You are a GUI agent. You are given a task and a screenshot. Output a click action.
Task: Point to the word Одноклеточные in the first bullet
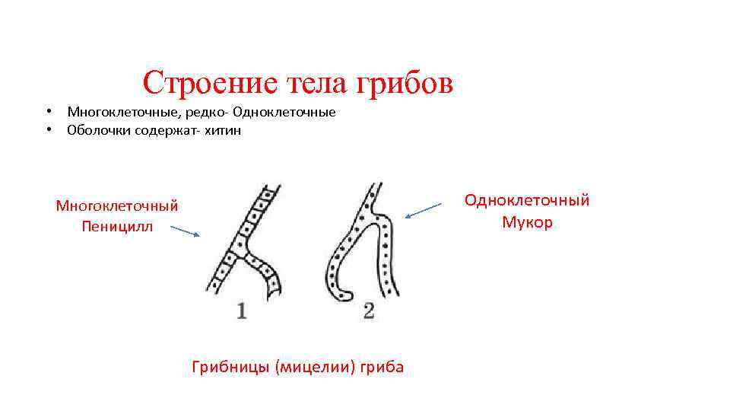coord(284,113)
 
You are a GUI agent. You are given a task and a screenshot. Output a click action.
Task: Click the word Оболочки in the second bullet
coord(97,130)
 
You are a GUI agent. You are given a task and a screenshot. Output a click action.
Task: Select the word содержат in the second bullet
coord(161,130)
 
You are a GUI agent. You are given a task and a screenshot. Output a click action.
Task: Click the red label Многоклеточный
coord(117,205)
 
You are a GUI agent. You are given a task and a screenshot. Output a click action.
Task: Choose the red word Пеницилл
coord(117,226)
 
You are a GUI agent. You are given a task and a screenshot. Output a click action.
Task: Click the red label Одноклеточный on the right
coord(527,200)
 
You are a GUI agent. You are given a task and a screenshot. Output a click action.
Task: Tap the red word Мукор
coord(527,222)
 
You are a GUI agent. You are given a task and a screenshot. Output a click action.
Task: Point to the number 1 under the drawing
coord(241,311)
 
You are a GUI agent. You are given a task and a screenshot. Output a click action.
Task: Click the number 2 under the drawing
coord(369,311)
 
